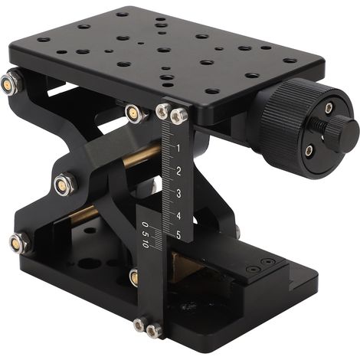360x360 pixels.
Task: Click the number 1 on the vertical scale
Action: click(x=178, y=148)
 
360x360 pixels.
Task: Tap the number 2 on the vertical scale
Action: click(x=178, y=171)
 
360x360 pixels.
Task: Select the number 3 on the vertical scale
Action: click(x=178, y=193)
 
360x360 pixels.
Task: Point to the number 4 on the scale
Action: click(x=178, y=216)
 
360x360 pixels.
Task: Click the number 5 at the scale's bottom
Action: click(x=178, y=235)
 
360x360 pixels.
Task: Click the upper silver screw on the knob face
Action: click(x=329, y=108)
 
